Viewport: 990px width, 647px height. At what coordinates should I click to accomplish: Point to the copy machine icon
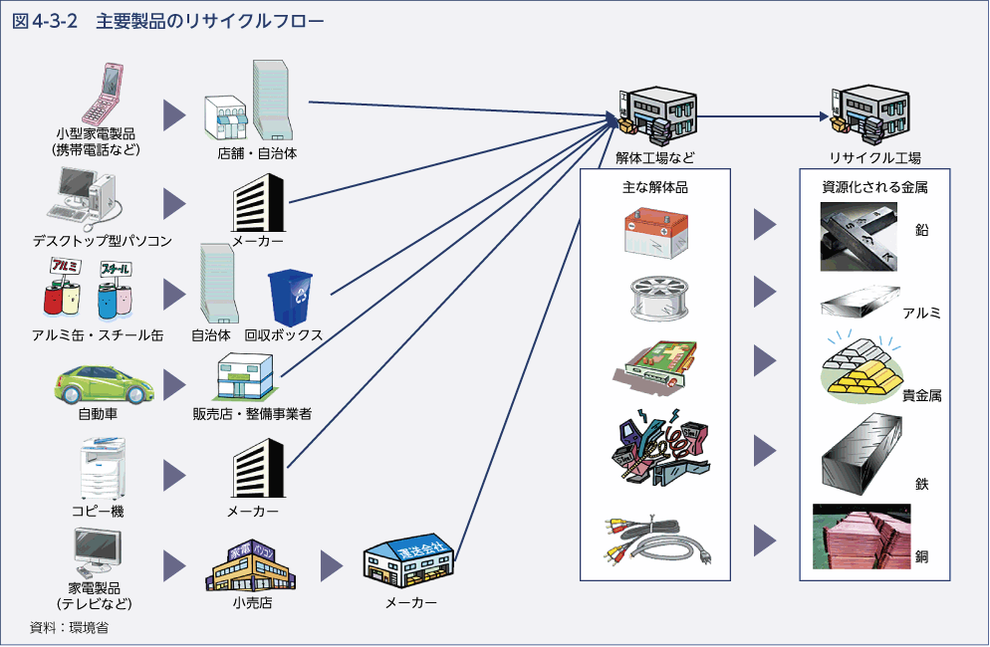(104, 472)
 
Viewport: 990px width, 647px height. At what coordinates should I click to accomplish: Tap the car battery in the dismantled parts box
(656, 233)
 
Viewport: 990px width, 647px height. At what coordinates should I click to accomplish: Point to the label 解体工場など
(654, 157)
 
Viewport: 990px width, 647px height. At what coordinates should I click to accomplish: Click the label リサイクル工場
(874, 157)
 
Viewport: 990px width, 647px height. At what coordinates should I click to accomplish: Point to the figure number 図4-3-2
(45, 21)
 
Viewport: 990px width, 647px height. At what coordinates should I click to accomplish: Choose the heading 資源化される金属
(874, 186)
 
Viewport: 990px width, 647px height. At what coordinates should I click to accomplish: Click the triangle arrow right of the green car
(175, 382)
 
